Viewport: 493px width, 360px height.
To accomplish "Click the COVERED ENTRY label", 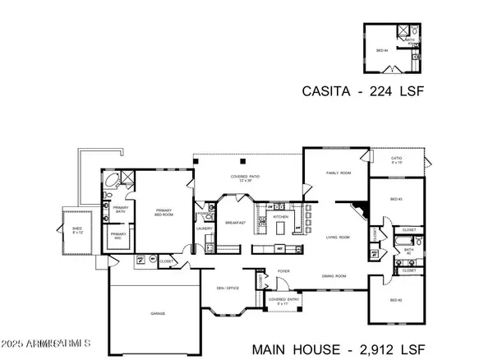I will [283, 301].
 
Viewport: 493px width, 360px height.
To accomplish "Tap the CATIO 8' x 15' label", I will [397, 161].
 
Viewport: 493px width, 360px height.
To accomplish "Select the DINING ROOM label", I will [331, 276].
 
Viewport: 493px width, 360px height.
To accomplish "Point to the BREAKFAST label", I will [236, 223].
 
